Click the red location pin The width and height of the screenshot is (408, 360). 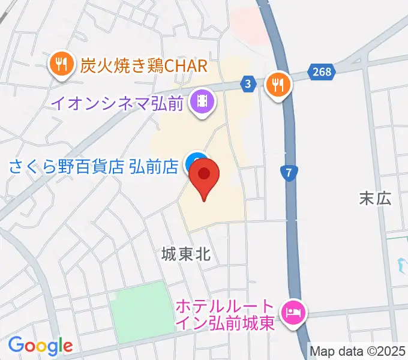(x=204, y=176)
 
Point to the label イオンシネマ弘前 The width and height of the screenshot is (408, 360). (x=116, y=103)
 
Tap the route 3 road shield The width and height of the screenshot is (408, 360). (x=248, y=85)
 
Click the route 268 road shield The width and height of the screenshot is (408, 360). (x=322, y=72)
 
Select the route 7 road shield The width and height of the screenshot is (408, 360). (x=290, y=173)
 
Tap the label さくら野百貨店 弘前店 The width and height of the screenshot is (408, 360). (x=94, y=166)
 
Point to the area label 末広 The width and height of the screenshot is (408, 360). (x=375, y=198)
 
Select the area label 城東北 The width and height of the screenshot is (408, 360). (x=186, y=254)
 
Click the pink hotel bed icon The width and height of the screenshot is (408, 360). (x=294, y=311)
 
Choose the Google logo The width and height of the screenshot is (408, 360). (x=40, y=345)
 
